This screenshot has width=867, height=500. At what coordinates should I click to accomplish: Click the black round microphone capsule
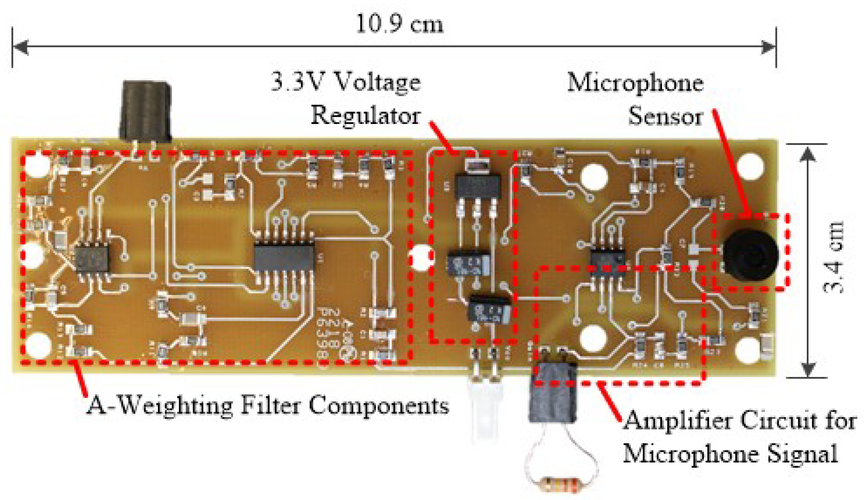[750, 255]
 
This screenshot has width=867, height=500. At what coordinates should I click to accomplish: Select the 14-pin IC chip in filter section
[284, 256]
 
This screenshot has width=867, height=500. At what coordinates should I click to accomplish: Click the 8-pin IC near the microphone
[607, 259]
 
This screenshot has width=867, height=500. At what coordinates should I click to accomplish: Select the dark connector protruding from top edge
[146, 111]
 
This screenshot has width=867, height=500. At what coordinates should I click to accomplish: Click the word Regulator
[365, 115]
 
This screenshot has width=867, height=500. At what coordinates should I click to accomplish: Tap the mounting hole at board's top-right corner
[750, 166]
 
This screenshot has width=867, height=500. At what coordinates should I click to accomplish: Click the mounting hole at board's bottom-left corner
[38, 344]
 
